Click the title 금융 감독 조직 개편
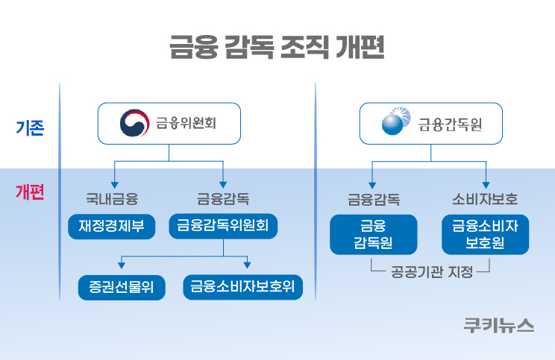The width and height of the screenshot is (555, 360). [277, 47]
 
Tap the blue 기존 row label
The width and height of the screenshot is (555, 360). [30, 127]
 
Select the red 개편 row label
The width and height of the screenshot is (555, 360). [30, 192]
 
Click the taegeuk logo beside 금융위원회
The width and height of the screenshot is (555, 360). [134, 123]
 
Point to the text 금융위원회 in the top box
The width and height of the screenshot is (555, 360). [186, 123]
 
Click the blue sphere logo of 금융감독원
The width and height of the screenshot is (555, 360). [395, 121]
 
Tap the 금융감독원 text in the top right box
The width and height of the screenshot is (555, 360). [450, 124]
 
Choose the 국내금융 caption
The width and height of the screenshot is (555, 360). [112, 199]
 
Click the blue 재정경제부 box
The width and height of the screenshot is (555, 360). [111, 227]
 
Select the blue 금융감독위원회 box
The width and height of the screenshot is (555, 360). [223, 226]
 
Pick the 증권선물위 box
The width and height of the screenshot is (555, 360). [122, 287]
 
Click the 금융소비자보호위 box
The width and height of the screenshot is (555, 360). [243, 287]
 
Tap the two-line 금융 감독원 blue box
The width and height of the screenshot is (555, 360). [374, 235]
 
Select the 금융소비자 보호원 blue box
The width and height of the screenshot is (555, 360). [486, 235]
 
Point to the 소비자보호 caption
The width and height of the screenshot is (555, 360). [485, 199]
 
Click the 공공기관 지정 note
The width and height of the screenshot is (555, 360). [432, 272]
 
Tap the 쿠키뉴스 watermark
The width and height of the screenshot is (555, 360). [499, 326]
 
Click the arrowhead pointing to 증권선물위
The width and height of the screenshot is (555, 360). [122, 265]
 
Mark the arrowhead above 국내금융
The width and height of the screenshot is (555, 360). [114, 185]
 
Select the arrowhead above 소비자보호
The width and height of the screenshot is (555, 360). [486, 185]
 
